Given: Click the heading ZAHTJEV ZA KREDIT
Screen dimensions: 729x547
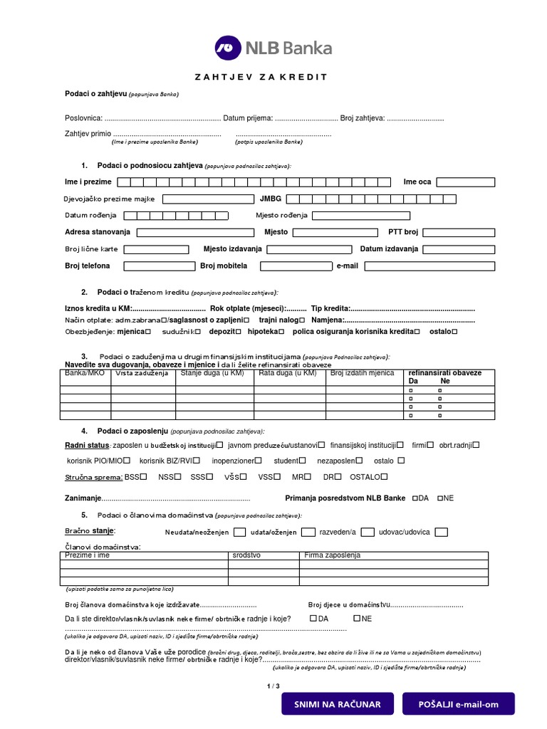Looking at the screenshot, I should point(261,77).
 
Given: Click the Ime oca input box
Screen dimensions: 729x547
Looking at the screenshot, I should point(466,182).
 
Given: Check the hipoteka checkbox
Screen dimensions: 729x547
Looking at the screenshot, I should point(283,331).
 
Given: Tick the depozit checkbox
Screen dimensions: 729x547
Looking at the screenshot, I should point(239,331).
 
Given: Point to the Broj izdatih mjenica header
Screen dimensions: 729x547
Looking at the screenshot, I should point(363,373).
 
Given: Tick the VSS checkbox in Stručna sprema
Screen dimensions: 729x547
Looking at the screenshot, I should point(277,477).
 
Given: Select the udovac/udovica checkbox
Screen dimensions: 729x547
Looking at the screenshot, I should point(442,532).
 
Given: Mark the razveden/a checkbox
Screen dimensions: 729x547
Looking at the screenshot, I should point(368,532).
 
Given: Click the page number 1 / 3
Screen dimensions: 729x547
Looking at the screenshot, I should point(273,686).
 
